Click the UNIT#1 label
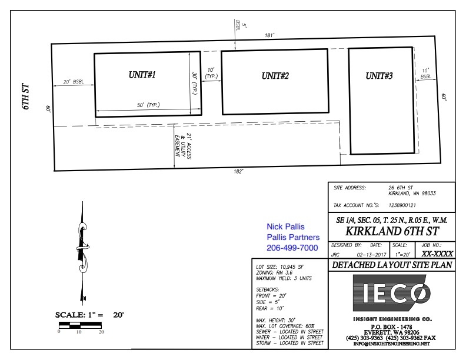click(x=142, y=75)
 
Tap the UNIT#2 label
click(x=275, y=76)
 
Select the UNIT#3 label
click(x=379, y=76)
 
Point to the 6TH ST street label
click(x=26, y=97)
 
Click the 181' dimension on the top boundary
click(x=269, y=35)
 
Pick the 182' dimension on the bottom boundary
click(x=238, y=172)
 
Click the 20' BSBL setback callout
click(x=74, y=82)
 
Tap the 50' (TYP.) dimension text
click(x=148, y=105)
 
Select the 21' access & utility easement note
click(x=183, y=146)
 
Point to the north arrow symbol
click(x=83, y=253)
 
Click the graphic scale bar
click(x=80, y=325)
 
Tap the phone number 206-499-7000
click(x=292, y=248)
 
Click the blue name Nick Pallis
click(x=285, y=226)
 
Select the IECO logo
click(x=392, y=293)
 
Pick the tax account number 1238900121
click(x=402, y=205)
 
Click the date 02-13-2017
click(x=371, y=255)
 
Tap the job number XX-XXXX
click(x=437, y=254)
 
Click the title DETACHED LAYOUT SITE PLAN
click(x=392, y=265)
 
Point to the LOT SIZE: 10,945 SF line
click(x=279, y=267)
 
